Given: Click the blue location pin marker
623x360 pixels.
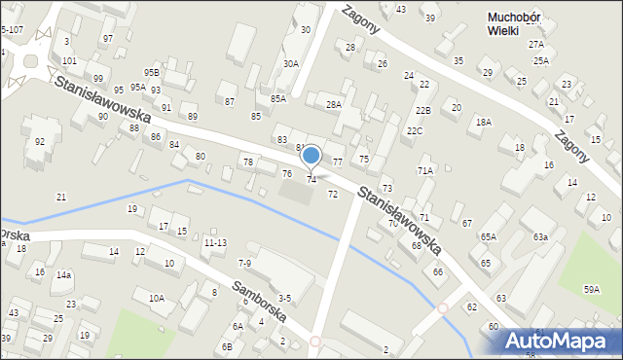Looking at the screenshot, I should tap(311, 156).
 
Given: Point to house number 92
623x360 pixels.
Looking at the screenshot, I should tap(40, 142).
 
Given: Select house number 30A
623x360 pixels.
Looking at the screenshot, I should tap(290, 63).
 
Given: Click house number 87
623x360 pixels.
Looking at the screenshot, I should tap(230, 101).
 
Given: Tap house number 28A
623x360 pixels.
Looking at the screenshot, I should tap(334, 104).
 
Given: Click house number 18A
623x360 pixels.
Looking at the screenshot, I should tap(483, 122).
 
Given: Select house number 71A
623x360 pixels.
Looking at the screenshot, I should tap(425, 170).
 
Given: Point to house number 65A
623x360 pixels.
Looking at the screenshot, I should tap(488, 236).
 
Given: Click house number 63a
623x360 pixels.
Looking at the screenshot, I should tap(540, 236).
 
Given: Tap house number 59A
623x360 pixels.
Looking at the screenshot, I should tap(592, 289).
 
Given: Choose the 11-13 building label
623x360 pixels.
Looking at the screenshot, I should tap(215, 242).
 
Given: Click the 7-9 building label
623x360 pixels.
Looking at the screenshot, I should tap(245, 263).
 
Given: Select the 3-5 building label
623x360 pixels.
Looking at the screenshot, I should tap(284, 298).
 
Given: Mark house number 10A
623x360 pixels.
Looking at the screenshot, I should tap(156, 298).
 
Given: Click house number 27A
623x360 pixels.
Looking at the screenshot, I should tap(535, 45).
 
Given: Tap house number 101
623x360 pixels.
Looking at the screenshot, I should tap(69, 60).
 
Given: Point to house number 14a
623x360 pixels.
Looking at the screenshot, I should tap(63, 275).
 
